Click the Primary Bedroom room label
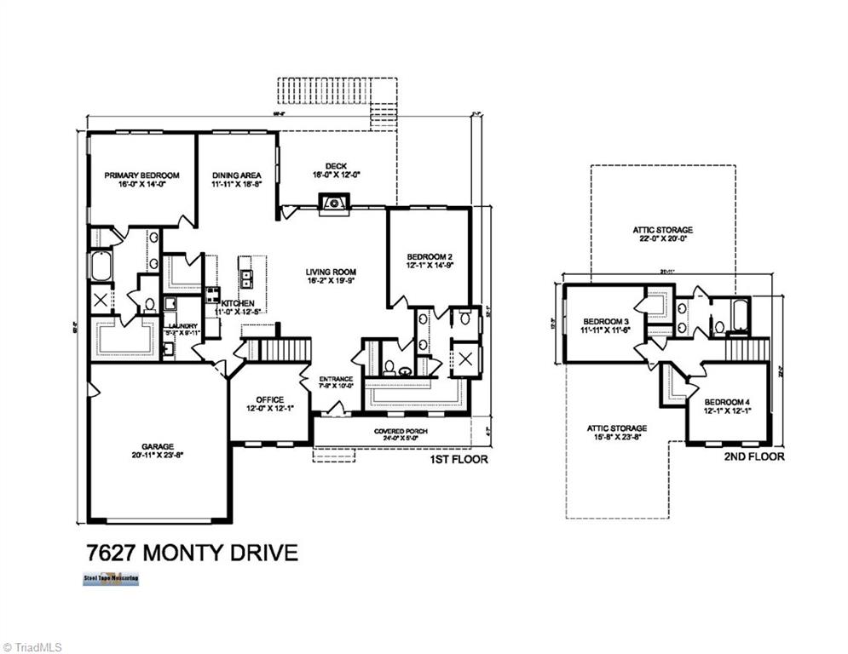point(141,175)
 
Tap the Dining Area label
point(237,175)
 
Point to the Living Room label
point(330,273)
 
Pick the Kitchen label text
point(238,303)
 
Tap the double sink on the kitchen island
point(247,276)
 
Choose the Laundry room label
point(182,326)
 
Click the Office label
point(269,399)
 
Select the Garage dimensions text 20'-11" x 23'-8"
point(158,455)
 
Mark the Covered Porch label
point(401,432)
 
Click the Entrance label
point(336,379)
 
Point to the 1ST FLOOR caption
point(459,460)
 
